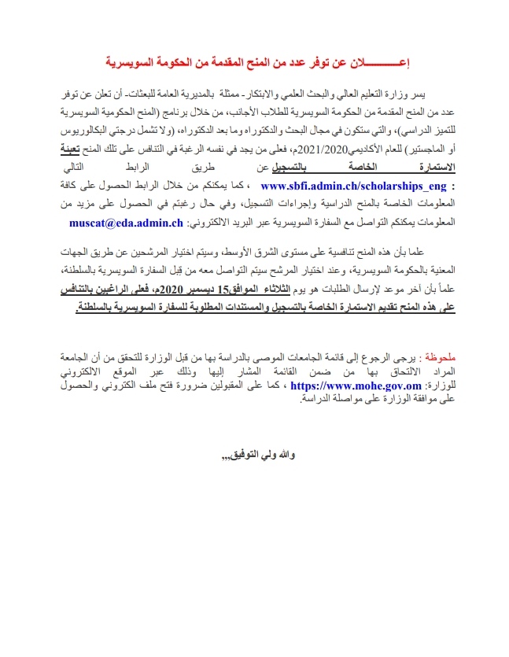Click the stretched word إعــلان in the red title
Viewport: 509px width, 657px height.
coord(385,61)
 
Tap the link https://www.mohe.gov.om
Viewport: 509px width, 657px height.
coord(345,386)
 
